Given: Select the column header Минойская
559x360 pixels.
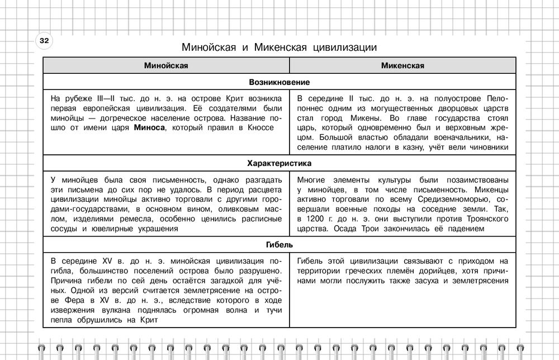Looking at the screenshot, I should click(x=165, y=66).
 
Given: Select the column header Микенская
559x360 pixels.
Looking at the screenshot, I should click(x=402, y=66).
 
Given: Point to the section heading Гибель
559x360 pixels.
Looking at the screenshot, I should click(x=279, y=245).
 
